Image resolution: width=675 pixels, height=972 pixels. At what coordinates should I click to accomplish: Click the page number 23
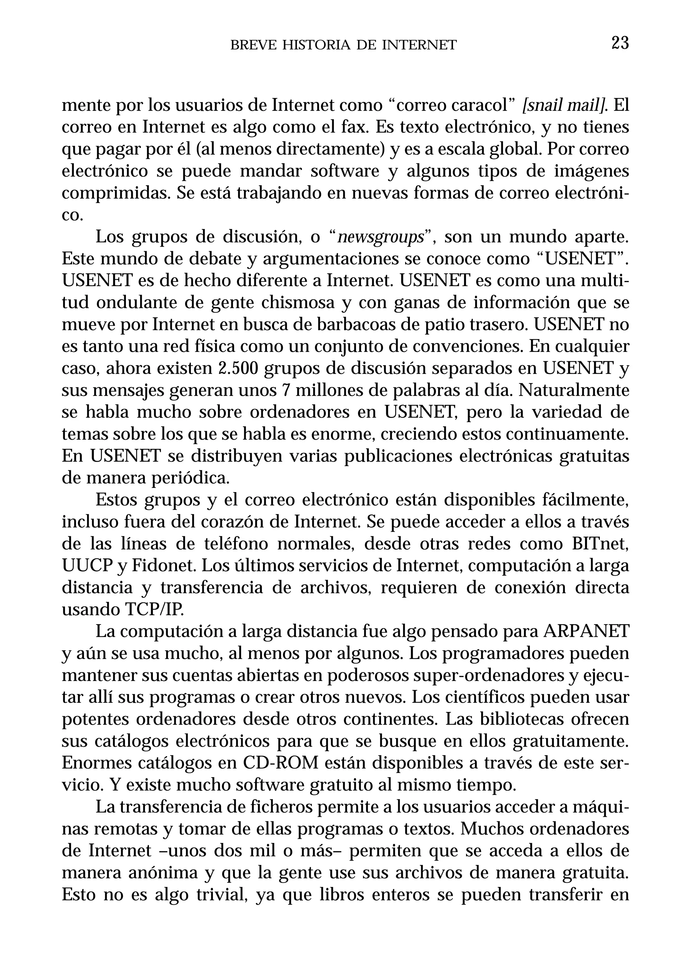tap(620, 43)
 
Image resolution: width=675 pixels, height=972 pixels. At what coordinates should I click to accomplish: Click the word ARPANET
tap(586, 631)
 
